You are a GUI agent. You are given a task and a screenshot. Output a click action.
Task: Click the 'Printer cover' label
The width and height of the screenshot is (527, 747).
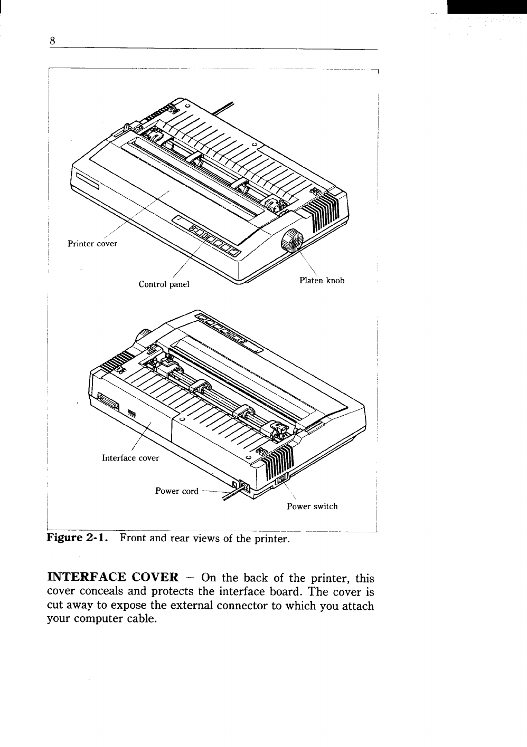pyautogui.click(x=92, y=244)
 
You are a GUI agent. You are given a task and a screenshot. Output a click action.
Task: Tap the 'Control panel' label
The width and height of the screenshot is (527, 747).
pyautogui.click(x=163, y=284)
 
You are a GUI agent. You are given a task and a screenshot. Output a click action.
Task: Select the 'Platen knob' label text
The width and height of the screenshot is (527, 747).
pyautogui.click(x=322, y=281)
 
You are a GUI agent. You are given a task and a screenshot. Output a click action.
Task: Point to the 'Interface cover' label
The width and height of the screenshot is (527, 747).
pyautogui.click(x=130, y=458)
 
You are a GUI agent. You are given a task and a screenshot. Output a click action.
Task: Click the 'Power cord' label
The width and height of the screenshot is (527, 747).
pyautogui.click(x=176, y=491)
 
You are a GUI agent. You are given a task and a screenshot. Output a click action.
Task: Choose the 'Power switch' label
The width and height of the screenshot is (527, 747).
pyautogui.click(x=312, y=506)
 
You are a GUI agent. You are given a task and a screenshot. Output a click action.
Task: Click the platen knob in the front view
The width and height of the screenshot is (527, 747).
pyautogui.click(x=291, y=242)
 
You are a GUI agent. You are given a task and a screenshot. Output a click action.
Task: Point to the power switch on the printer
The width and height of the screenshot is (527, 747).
pyautogui.click(x=280, y=480)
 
